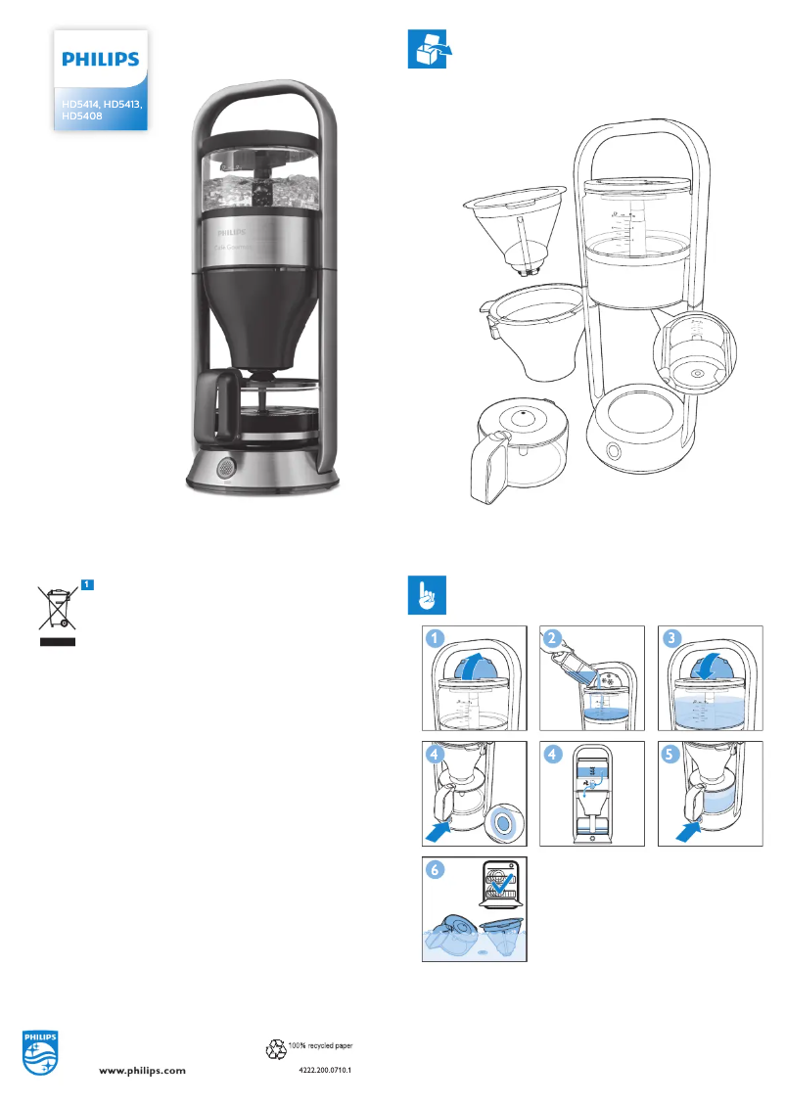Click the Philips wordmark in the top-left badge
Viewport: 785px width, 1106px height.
tap(100, 60)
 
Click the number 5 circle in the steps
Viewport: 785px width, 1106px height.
tap(672, 756)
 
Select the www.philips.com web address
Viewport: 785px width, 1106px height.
tap(144, 1072)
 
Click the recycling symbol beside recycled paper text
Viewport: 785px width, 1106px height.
tap(275, 1049)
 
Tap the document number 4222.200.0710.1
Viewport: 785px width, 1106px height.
tap(324, 1072)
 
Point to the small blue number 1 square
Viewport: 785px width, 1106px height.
tap(87, 584)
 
